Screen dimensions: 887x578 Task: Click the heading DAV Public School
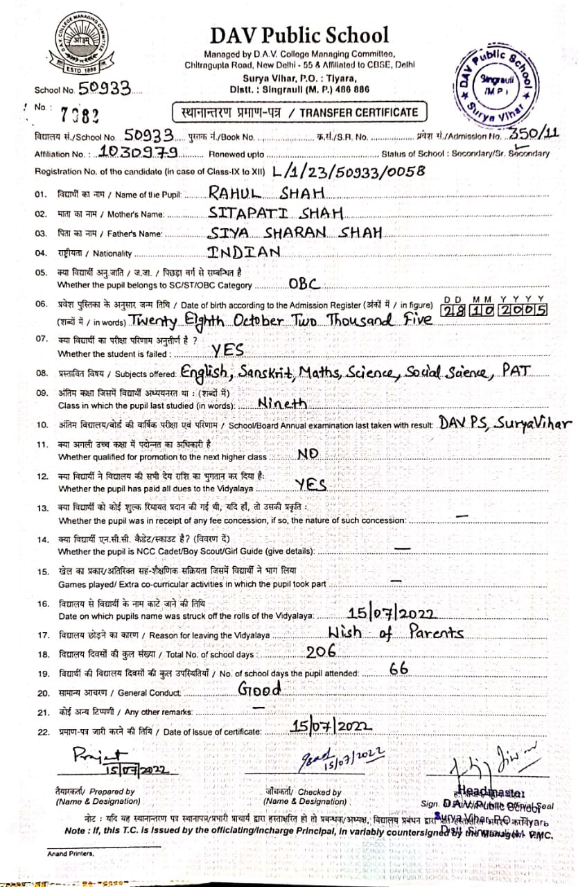click(x=300, y=35)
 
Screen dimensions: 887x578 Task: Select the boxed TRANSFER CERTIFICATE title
click(x=299, y=112)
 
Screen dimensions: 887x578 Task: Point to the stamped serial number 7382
click(x=79, y=114)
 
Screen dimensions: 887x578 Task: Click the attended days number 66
click(x=399, y=669)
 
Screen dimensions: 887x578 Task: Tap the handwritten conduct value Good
click(x=260, y=689)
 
